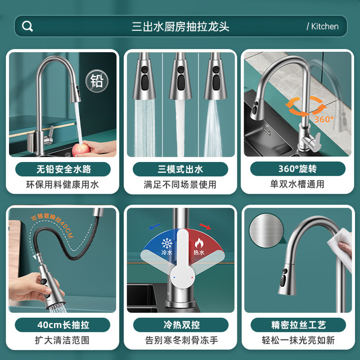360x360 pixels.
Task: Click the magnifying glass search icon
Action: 28,26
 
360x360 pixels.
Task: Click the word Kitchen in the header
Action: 325,26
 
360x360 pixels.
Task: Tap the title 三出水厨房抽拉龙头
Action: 181,26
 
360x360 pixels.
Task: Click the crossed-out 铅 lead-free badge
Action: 97,81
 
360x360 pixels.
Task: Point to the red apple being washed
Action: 80,150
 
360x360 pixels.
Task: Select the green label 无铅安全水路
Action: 63,169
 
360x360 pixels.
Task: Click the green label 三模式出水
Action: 181,169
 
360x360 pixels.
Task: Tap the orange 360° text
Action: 324,119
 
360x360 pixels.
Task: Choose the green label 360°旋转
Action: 298,169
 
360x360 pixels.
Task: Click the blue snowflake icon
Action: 167,244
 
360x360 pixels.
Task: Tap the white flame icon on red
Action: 199,243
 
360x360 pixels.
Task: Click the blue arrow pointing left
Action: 154,227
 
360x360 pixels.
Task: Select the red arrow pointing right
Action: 205,226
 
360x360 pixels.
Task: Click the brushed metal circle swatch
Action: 267,231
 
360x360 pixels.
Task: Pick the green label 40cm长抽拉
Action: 62,325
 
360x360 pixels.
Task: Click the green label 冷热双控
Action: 181,325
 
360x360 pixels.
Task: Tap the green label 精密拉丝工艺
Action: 298,325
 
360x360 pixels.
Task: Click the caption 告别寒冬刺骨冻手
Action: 181,340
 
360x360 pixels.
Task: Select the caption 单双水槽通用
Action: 297,184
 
